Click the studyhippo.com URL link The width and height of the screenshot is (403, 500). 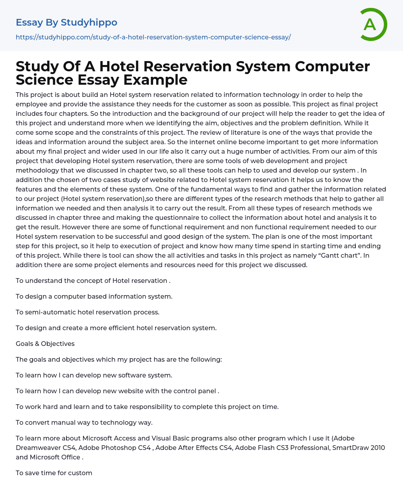(x=153, y=37)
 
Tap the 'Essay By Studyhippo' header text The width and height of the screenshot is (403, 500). (x=67, y=22)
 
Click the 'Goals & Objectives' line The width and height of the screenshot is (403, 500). (x=45, y=344)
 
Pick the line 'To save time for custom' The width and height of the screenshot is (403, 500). (x=54, y=473)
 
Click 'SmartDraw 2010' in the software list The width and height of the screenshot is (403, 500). (x=359, y=448)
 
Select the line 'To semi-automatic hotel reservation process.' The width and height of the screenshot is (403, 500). (x=87, y=312)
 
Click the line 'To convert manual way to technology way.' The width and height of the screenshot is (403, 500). (x=84, y=422)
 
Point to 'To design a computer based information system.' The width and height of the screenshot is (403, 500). (x=94, y=296)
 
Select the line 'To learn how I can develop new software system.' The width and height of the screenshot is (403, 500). (x=94, y=375)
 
